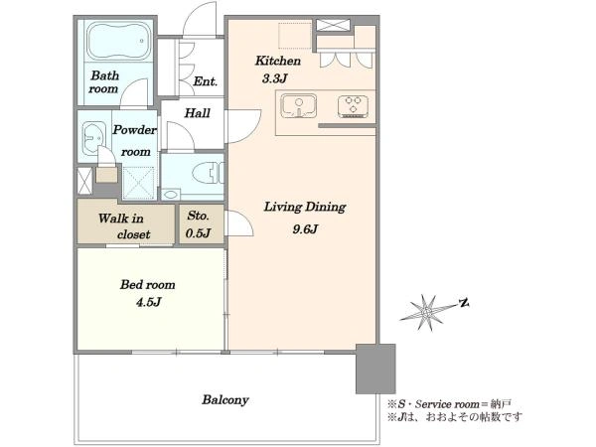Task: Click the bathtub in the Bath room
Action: [x=118, y=41]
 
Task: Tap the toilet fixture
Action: [x=208, y=173]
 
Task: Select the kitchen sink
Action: [x=299, y=106]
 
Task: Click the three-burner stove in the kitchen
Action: [x=353, y=106]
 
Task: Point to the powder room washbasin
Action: [x=93, y=138]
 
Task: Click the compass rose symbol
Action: [x=428, y=312]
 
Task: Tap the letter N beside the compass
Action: [x=464, y=303]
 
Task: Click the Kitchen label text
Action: [x=278, y=61]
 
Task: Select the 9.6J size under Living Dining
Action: [x=305, y=229]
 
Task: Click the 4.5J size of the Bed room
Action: [x=149, y=302]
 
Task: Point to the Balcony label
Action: [x=225, y=400]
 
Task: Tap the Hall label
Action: [x=197, y=113]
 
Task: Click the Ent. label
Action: [x=205, y=81]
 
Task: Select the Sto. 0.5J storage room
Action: [x=202, y=224]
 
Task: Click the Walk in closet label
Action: [x=125, y=226]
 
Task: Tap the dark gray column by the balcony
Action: [x=375, y=369]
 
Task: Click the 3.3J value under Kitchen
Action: [x=274, y=78]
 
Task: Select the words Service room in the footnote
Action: [x=447, y=404]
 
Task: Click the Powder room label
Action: [x=135, y=141]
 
